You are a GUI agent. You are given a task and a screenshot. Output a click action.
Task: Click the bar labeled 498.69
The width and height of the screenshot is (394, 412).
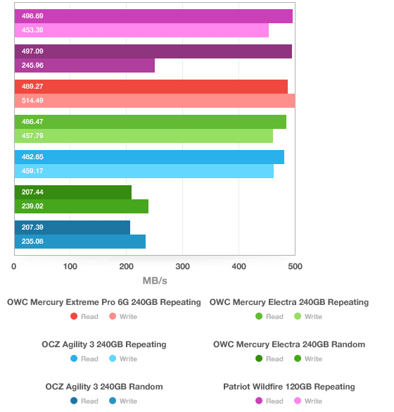pos(153,16)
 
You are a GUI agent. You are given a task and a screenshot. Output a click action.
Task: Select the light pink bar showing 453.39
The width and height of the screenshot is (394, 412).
pos(141,30)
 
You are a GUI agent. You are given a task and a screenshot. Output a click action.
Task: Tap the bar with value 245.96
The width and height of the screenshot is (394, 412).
pos(84,65)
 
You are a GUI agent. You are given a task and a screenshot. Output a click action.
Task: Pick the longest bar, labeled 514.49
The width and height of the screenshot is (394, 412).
pos(155,101)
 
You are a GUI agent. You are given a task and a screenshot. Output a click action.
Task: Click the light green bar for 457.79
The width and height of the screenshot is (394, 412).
pos(144,136)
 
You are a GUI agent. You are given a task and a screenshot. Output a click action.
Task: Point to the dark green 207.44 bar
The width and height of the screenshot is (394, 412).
pos(73,192)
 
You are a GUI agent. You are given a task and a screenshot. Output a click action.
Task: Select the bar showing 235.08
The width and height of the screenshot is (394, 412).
pos(80,242)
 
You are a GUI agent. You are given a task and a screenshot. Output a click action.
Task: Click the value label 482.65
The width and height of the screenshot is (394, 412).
pos(32,157)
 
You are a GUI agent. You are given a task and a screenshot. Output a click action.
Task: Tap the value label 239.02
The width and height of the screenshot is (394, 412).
pos(32,206)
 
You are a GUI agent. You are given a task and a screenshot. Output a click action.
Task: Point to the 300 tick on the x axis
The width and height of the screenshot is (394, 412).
pos(183,266)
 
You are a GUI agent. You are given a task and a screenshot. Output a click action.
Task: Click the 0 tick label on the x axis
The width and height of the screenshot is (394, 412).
pos(14,266)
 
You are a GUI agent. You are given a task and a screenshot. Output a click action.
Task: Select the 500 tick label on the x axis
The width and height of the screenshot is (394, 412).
pos(295,266)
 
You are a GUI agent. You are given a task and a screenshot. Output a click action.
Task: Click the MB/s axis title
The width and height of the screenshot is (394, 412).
pos(155,280)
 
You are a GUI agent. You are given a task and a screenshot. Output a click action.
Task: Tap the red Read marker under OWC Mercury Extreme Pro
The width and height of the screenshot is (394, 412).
pos(74,316)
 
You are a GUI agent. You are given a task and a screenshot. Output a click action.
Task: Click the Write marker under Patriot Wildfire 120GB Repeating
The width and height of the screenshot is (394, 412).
pos(298,401)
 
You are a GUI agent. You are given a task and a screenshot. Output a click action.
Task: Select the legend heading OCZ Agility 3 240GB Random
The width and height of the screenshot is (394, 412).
pos(104,387)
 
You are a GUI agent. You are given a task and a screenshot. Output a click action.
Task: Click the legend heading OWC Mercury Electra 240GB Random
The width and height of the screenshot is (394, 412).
pos(289,344)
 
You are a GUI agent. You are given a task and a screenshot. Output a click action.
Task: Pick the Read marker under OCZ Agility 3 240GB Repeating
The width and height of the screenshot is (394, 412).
pos(74,358)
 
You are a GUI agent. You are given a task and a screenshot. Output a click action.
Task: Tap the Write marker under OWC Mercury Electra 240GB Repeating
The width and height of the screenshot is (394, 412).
pos(298,316)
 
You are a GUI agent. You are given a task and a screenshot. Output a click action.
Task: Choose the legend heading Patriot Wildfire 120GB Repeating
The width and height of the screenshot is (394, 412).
pos(289,387)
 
